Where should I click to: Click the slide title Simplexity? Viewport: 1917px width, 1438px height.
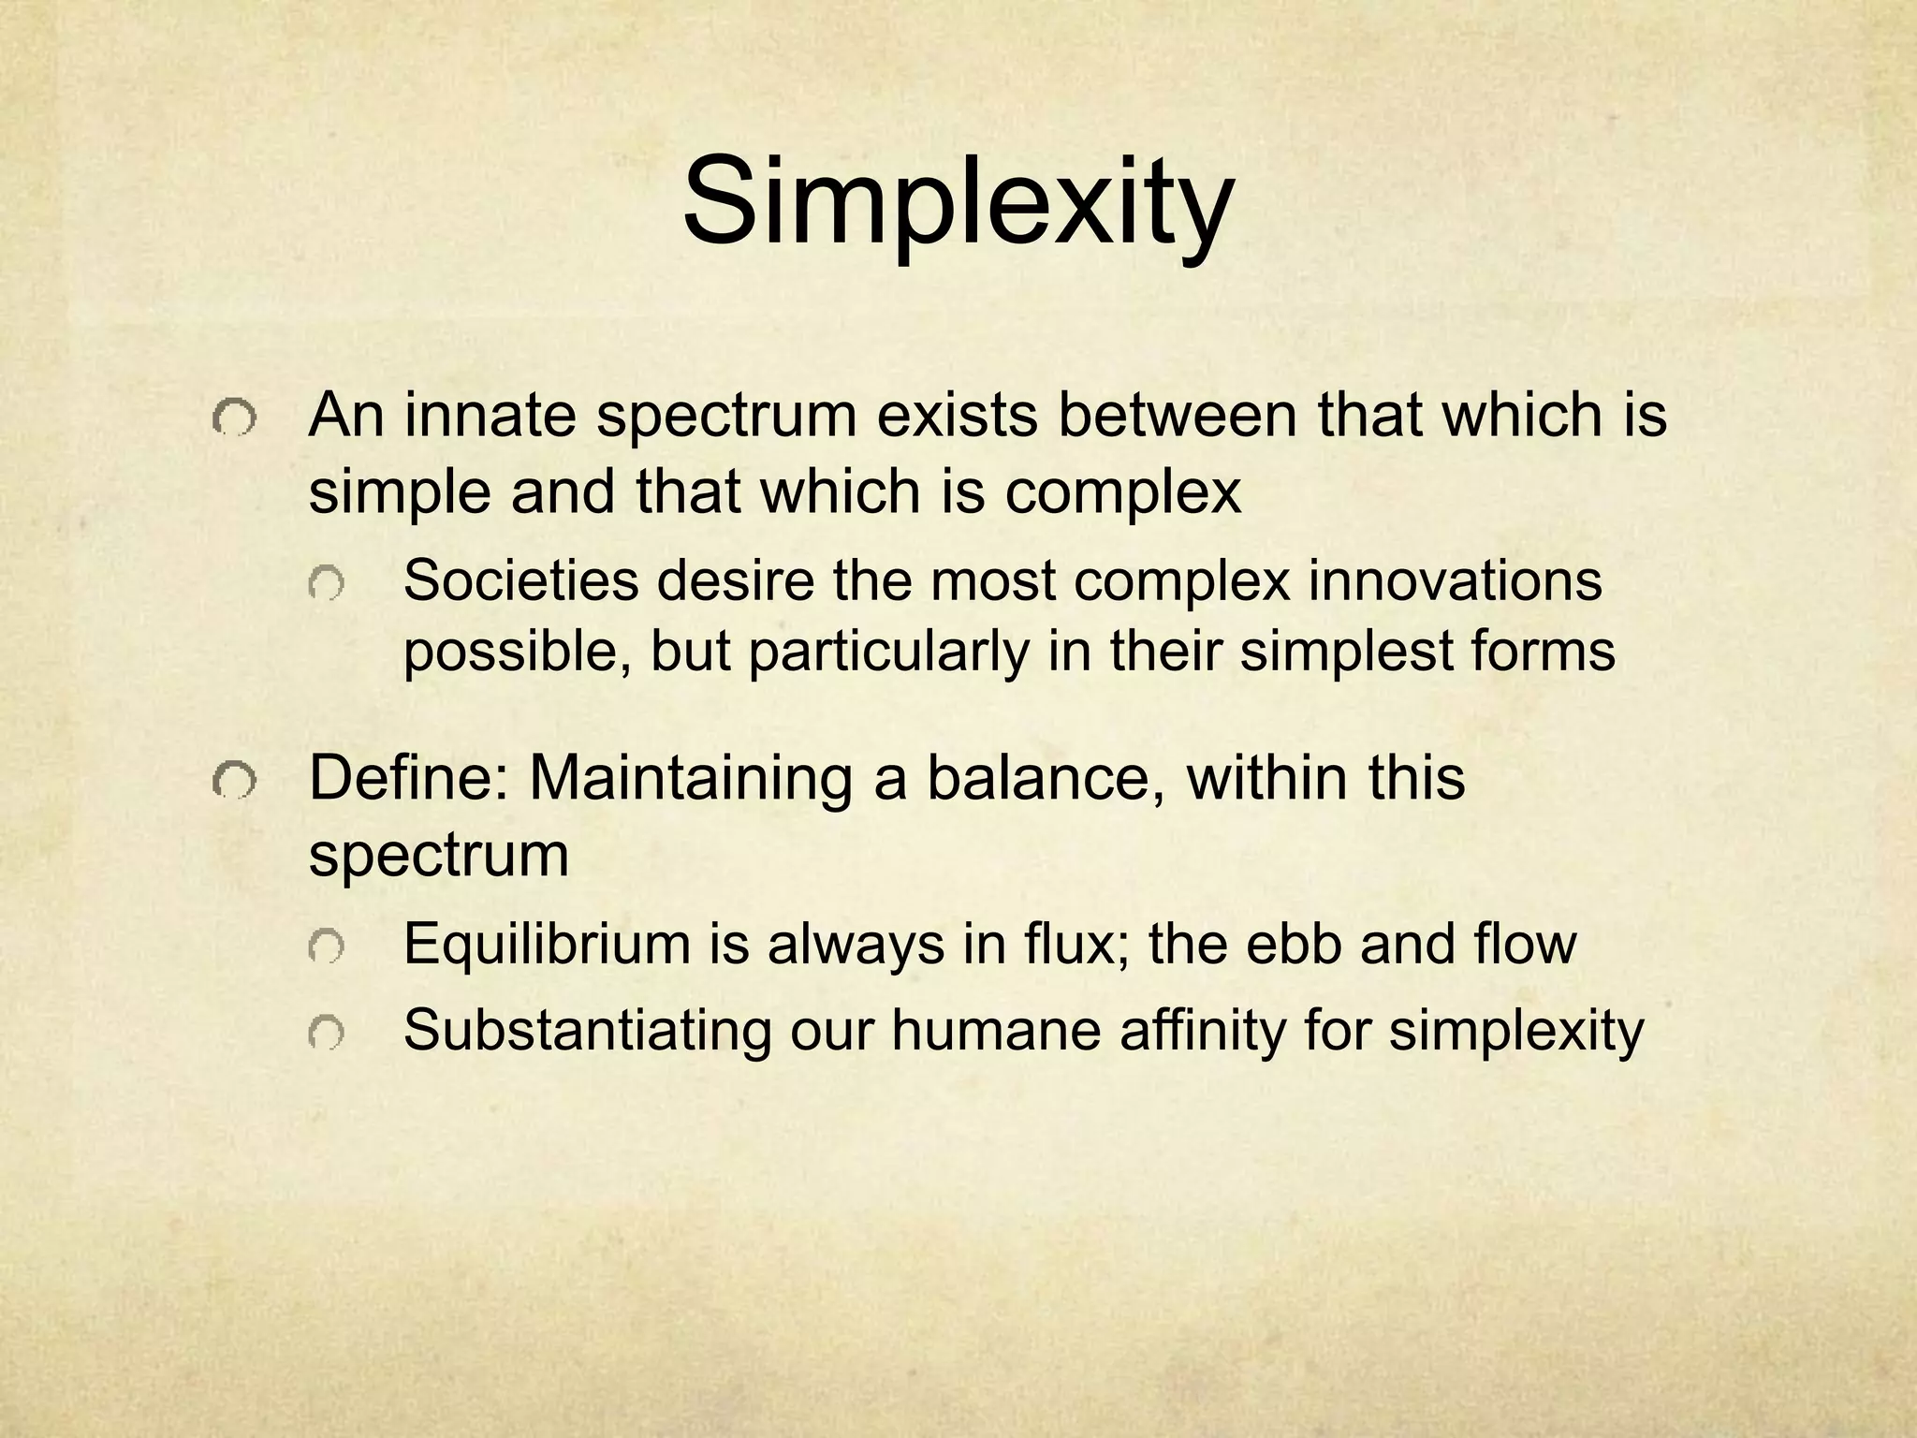coord(957,203)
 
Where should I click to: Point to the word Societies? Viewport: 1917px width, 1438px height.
coord(520,581)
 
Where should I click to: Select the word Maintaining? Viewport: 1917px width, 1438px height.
coord(691,778)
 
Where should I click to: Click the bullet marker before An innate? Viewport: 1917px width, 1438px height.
coord(232,420)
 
